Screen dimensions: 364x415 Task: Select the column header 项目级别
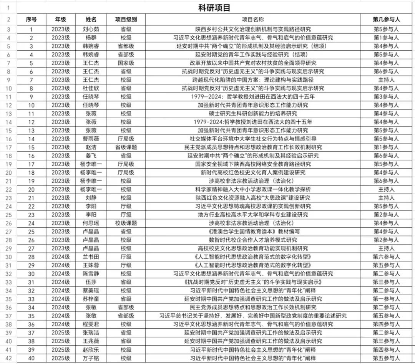coord(126,19)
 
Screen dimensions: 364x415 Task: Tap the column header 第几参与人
coord(386,19)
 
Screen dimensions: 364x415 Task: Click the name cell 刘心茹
coord(91,29)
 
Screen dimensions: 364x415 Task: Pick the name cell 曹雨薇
coord(91,139)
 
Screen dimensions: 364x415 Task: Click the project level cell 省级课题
coord(126,147)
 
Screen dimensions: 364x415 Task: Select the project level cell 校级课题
coord(126,223)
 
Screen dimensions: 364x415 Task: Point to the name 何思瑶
coord(91,223)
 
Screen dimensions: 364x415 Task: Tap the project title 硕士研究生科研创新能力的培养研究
coord(252,114)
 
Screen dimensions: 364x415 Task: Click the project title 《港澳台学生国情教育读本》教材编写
coord(252,232)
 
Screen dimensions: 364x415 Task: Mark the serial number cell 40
coord(31,358)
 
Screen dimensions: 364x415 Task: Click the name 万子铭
coord(91,358)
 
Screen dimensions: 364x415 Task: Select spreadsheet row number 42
coord(8,358)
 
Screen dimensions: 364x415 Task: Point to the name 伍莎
coord(91,282)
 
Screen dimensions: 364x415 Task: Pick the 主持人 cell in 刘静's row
coord(386,198)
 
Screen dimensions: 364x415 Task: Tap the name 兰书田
coord(91,257)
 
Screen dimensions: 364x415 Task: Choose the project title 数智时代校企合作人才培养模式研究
coord(252,240)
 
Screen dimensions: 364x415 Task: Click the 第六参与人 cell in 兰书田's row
coord(386,257)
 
